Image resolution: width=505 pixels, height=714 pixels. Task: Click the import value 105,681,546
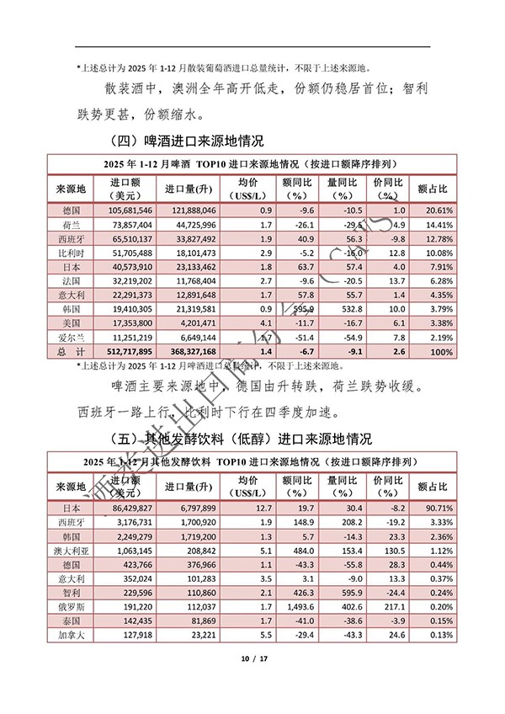(x=130, y=210)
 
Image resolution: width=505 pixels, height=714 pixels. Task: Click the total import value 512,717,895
(x=130, y=350)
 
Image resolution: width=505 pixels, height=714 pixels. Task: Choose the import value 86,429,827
(x=130, y=509)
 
